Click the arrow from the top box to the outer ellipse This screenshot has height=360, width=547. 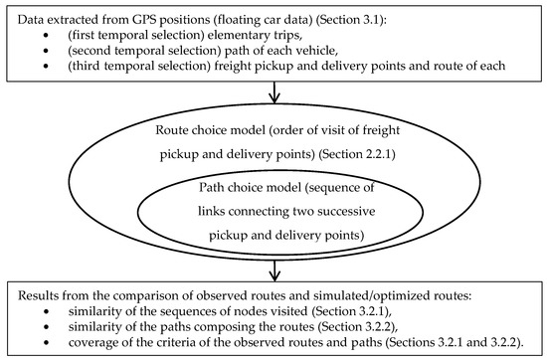click(x=274, y=92)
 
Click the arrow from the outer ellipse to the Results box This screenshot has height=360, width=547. click(x=275, y=270)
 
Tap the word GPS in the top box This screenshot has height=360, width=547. click(x=144, y=20)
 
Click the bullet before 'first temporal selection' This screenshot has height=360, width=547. click(x=46, y=35)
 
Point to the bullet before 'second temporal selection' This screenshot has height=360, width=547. click(x=46, y=51)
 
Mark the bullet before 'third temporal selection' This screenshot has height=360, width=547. click(x=46, y=66)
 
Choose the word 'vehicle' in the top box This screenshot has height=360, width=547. click(x=315, y=51)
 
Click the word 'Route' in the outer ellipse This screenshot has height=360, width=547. click(x=168, y=130)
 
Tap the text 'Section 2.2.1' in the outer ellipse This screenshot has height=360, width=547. click(x=358, y=154)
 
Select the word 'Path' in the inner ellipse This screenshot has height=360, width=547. click(x=209, y=188)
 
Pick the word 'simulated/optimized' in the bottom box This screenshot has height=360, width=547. click(x=368, y=295)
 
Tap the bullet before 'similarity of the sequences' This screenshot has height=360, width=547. click(x=46, y=311)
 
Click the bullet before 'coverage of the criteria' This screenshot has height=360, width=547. click(x=46, y=343)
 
